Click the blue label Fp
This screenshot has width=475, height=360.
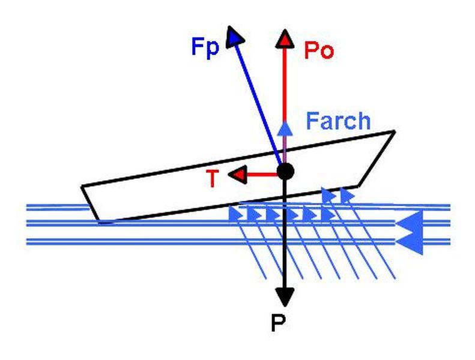pyautogui.click(x=205, y=48)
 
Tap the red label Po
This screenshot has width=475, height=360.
pyautogui.click(x=318, y=52)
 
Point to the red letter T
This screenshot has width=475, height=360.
pyautogui.click(x=211, y=179)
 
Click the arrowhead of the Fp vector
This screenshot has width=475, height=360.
pyautogui.click(x=235, y=38)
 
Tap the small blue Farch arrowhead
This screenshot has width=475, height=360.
pyautogui.click(x=286, y=127)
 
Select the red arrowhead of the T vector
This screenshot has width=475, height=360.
pyautogui.click(x=240, y=175)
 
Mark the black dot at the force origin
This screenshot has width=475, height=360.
pyautogui.click(x=286, y=172)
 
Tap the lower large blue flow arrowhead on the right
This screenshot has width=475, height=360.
pyautogui.click(x=411, y=241)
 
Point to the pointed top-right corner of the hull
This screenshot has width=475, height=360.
pyautogui.click(x=394, y=131)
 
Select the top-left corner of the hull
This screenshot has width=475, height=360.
pyautogui.click(x=82, y=187)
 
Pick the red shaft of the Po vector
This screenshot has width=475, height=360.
pyautogui.click(x=285, y=84)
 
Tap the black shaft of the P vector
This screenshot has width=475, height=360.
pyautogui.click(x=285, y=240)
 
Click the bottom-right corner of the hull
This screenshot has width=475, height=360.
pyautogui.click(x=358, y=185)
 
